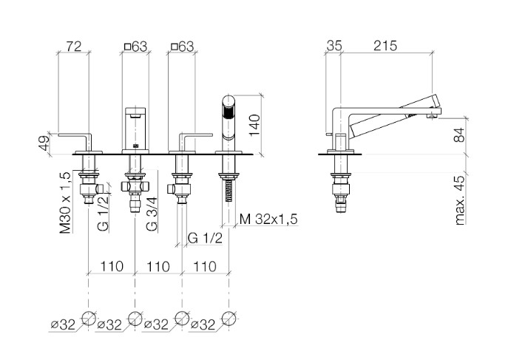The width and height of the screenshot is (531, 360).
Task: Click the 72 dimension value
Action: point(73,47)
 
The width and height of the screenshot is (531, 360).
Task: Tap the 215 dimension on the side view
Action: point(385,46)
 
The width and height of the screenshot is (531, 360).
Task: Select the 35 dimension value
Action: point(334,46)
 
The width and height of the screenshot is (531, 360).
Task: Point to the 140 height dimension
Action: point(254,125)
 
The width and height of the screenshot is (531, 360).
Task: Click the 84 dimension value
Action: point(459,134)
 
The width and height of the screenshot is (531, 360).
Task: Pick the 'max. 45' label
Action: point(459,200)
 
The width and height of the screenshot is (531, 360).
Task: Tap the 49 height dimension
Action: point(44,143)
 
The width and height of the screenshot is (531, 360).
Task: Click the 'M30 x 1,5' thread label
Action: point(65,203)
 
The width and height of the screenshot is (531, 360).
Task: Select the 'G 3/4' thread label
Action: point(152,214)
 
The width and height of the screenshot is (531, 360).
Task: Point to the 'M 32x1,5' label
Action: point(268,220)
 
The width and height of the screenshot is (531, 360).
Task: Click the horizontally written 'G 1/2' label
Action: point(205,238)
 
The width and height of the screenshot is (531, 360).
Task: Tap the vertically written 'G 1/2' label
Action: point(103,214)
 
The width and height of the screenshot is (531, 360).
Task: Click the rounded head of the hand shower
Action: point(229,101)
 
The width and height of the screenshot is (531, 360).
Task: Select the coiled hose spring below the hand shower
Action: point(229,191)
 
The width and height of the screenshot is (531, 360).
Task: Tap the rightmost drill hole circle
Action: point(229,319)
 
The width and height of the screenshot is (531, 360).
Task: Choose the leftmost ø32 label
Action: point(63,325)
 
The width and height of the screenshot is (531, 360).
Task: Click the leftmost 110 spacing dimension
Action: point(112,267)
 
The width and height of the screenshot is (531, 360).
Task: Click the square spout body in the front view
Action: point(135,130)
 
